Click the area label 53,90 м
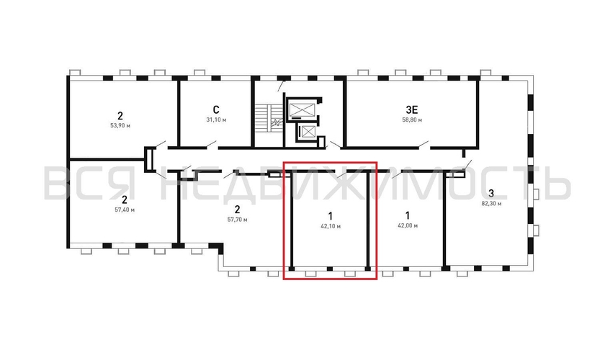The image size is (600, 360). pyautogui.click(x=120, y=125)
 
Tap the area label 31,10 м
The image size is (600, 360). pyautogui.click(x=216, y=120)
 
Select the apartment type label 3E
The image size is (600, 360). pyautogui.click(x=412, y=110)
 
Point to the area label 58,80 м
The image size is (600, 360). pyautogui.click(x=412, y=120)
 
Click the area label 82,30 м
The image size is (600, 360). pyautogui.click(x=491, y=204)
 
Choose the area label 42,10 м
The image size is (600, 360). pyautogui.click(x=331, y=226)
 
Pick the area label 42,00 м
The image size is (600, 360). pyautogui.click(x=408, y=225)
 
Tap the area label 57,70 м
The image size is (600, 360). pyautogui.click(x=237, y=220)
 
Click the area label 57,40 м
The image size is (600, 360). pyautogui.click(x=125, y=210)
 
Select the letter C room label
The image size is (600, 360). pyautogui.click(x=216, y=110)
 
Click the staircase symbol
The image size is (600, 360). pyautogui.click(x=264, y=123)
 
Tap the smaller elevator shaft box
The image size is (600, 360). pyautogui.click(x=307, y=132)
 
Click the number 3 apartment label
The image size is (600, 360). pyautogui.click(x=491, y=193)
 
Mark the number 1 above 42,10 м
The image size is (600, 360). pyautogui.click(x=330, y=216)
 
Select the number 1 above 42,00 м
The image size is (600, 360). pyautogui.click(x=408, y=215)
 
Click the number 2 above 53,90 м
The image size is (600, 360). pyautogui.click(x=120, y=115)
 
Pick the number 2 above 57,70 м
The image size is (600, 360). pyautogui.click(x=237, y=210)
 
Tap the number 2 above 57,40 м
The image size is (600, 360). pyautogui.click(x=125, y=199)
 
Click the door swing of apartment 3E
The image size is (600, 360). pyautogui.click(x=423, y=144)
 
